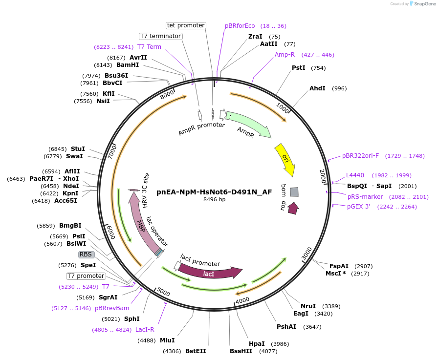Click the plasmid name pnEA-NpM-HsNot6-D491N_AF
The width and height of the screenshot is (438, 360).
pyautogui.click(x=214, y=192)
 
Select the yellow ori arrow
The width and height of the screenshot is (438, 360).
pyautogui.click(x=285, y=159)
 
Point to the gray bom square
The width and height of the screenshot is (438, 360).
pyautogui.click(x=294, y=192)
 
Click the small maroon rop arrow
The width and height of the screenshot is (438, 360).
pyautogui.click(x=293, y=208)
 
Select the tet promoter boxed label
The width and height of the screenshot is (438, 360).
pyautogui.click(x=186, y=25)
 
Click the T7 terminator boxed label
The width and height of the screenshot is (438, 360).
pyautogui.click(x=160, y=36)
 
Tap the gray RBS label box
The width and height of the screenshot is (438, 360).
pyautogui.click(x=86, y=254)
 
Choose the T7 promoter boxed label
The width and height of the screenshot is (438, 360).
pyautogui.click(x=86, y=276)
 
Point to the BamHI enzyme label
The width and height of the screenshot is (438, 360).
pyautogui.click(x=128, y=64)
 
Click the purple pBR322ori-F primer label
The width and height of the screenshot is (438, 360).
pyautogui.click(x=360, y=156)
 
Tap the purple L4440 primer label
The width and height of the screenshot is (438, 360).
pyautogui.click(x=355, y=175)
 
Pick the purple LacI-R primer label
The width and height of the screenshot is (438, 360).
pyautogui.click(x=145, y=330)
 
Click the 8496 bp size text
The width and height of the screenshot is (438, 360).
pyautogui.click(x=214, y=199)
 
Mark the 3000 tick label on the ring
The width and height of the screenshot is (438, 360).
pyautogui.click(x=307, y=254)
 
